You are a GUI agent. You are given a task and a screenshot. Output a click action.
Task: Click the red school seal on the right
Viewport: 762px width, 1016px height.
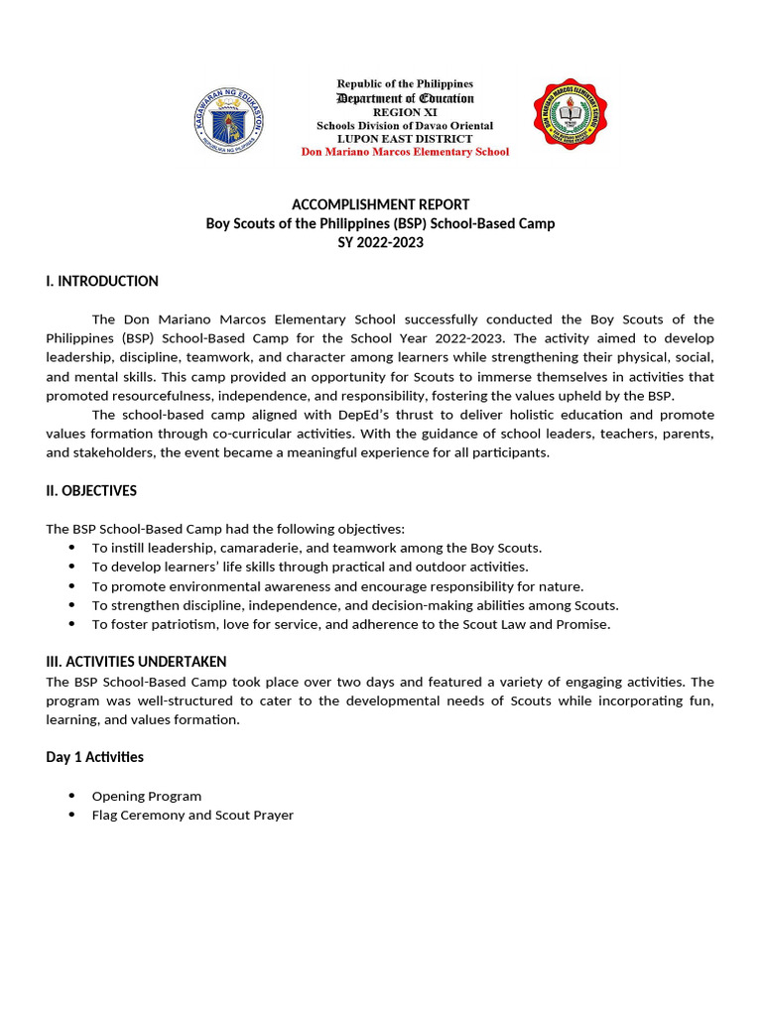click(x=571, y=115)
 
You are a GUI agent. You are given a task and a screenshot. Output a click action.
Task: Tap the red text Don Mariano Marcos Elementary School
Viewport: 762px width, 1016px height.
click(x=405, y=152)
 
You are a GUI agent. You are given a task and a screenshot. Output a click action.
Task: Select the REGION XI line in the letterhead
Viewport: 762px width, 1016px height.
click(x=405, y=112)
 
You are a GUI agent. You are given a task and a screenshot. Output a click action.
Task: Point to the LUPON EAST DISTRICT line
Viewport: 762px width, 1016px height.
click(x=405, y=139)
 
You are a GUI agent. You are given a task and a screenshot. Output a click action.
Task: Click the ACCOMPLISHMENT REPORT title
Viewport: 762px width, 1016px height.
click(x=380, y=204)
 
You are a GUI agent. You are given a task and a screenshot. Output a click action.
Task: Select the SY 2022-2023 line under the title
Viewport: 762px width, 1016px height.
click(x=380, y=242)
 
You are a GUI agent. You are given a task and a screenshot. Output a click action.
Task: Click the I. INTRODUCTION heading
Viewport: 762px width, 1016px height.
click(x=102, y=281)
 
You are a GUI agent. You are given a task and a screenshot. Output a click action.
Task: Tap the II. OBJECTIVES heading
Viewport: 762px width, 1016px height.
click(x=91, y=491)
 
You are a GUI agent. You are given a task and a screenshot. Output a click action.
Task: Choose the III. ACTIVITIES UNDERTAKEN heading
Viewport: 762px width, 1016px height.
click(x=136, y=662)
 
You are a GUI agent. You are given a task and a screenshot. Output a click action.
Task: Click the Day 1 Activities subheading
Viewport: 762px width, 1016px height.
click(x=94, y=757)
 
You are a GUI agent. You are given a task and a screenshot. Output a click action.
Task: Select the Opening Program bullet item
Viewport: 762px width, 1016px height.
click(x=147, y=796)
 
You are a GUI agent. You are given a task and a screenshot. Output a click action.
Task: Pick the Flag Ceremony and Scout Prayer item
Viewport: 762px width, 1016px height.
click(x=192, y=815)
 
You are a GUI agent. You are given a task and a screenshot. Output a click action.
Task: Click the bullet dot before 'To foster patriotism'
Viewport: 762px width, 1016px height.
click(x=71, y=624)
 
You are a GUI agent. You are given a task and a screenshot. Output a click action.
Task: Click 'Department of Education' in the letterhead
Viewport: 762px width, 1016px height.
click(x=405, y=98)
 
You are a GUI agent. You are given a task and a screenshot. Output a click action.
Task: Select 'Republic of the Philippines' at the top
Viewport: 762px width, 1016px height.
click(x=405, y=84)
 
